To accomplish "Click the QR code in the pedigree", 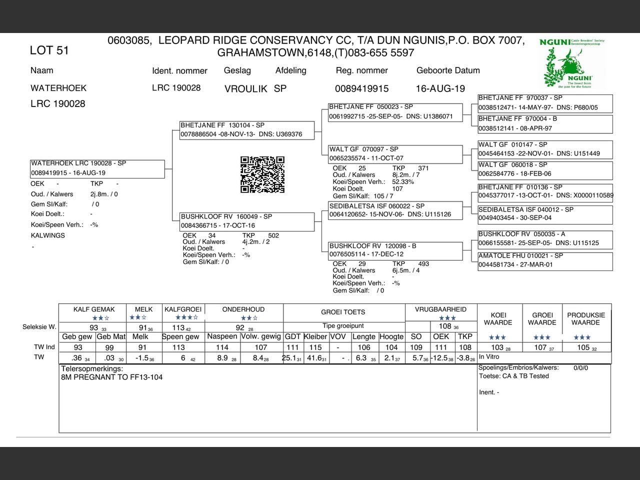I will click(262, 174).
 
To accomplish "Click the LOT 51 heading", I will click(49, 50).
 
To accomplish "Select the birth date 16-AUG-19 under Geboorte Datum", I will click(440, 88).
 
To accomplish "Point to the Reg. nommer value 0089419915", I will click(361, 88).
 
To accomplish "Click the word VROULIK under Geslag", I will click(245, 89).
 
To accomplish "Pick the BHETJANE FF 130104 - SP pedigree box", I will click(247, 130).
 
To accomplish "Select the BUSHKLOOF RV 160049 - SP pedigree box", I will click(247, 221).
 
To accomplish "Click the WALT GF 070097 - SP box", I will click(395, 153).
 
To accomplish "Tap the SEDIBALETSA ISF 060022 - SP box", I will click(395, 210).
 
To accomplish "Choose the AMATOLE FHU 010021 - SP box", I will click(545, 260).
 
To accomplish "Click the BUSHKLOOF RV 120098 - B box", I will click(395, 250).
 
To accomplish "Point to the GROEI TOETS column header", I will click(343, 312).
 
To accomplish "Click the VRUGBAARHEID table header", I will click(440, 309).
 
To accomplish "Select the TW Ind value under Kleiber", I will click(315, 347).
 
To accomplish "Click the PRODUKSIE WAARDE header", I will click(586, 319).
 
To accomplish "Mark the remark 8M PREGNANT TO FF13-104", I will click(111, 377).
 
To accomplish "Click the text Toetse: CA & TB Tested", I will click(513, 376).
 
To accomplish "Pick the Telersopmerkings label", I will click(91, 368).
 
